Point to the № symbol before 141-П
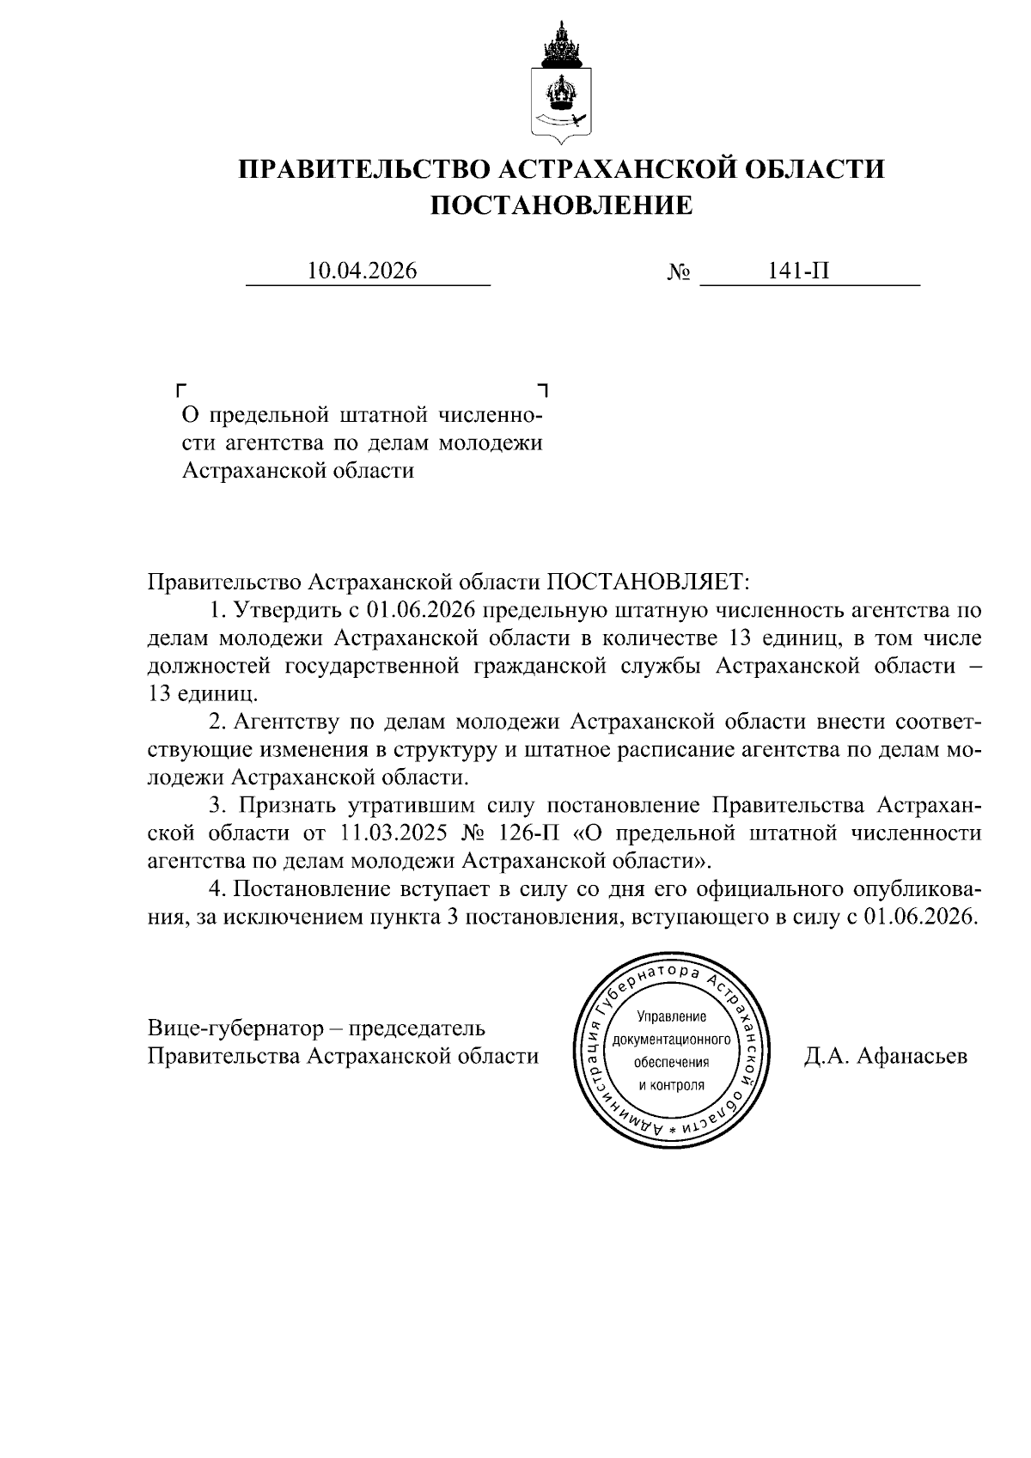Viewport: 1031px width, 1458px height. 679,272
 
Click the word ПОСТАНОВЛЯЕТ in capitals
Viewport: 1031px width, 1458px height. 649,583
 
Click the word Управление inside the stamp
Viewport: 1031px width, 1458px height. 671,1017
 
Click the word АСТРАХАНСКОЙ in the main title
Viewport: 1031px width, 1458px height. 615,168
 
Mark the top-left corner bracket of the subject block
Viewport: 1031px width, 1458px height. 180,389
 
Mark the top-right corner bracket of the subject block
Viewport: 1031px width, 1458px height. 541,389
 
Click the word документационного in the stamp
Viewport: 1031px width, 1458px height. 671,1040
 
